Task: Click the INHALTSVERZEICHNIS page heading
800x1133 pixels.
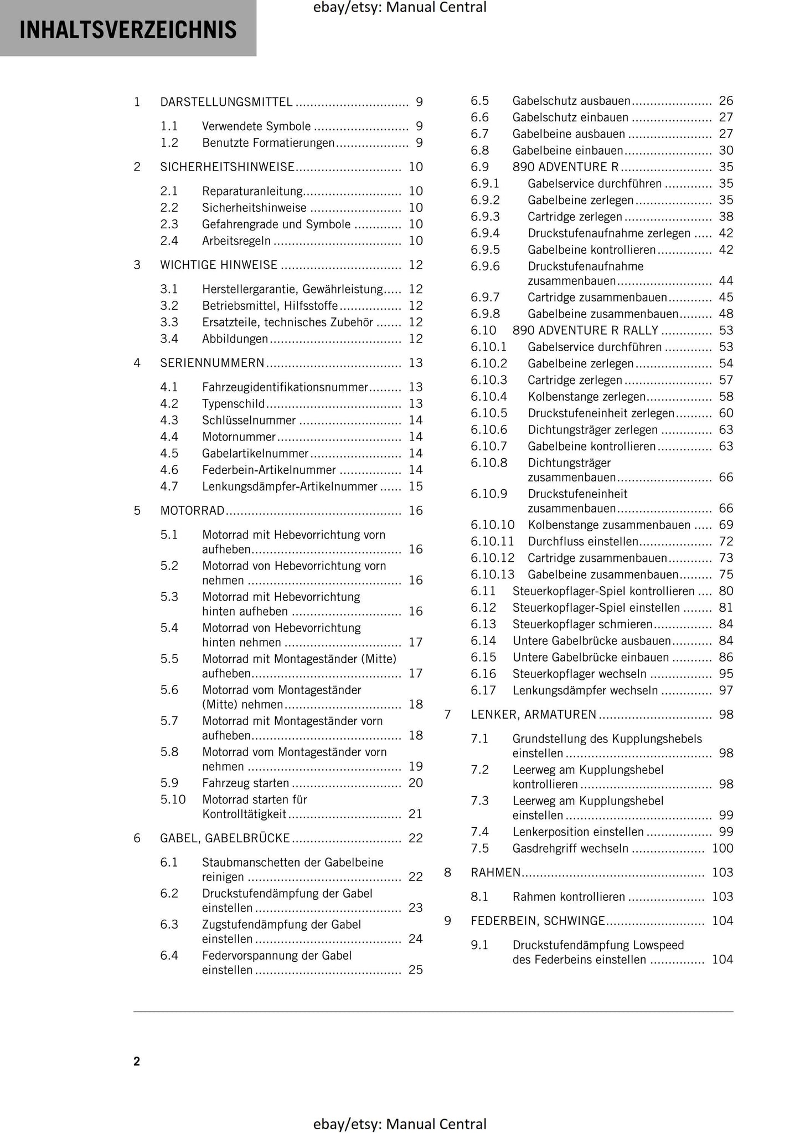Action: [x=128, y=30]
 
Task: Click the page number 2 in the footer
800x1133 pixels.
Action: [x=137, y=1062]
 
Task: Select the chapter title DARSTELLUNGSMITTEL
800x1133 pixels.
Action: [x=226, y=102]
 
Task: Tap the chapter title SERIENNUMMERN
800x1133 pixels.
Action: [x=212, y=363]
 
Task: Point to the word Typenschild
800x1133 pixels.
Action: [x=233, y=403]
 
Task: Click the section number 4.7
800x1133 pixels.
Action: [x=169, y=486]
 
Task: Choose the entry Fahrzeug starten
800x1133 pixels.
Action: [x=245, y=783]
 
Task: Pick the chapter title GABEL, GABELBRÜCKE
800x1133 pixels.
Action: [x=225, y=838]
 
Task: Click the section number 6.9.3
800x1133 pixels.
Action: [x=485, y=217]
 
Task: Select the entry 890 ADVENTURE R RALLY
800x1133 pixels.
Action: [x=585, y=331]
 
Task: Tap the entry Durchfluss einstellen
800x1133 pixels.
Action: [x=582, y=541]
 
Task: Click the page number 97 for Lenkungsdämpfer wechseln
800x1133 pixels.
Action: [x=725, y=690]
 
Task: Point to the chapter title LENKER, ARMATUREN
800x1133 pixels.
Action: [x=534, y=715]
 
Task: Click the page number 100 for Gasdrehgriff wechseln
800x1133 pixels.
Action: [x=722, y=848]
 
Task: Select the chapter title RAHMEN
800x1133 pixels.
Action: [x=496, y=873]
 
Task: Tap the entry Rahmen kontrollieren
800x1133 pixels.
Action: [x=568, y=897]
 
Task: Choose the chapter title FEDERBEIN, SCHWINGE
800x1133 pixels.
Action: [x=538, y=921]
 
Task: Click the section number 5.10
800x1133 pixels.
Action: [x=173, y=799]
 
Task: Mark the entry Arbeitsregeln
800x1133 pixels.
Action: [x=236, y=240]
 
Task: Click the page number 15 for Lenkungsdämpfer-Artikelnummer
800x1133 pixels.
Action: [x=415, y=486]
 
